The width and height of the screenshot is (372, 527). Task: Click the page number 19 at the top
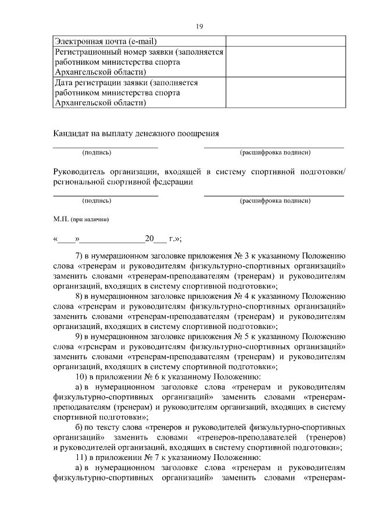coord(199,26)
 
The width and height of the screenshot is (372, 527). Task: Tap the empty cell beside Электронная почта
coord(285,41)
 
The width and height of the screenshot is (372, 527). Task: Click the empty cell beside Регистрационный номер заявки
coord(285,62)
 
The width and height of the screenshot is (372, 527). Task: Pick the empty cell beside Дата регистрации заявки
coord(285,93)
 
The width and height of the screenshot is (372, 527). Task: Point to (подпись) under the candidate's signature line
coord(97,153)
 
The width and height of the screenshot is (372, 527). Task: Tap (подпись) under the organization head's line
coord(97,201)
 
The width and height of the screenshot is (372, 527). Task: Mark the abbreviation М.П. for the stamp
coord(60,220)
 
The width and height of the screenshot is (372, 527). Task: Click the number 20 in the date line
coord(149,238)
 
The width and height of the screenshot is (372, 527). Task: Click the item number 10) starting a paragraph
coord(83,376)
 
